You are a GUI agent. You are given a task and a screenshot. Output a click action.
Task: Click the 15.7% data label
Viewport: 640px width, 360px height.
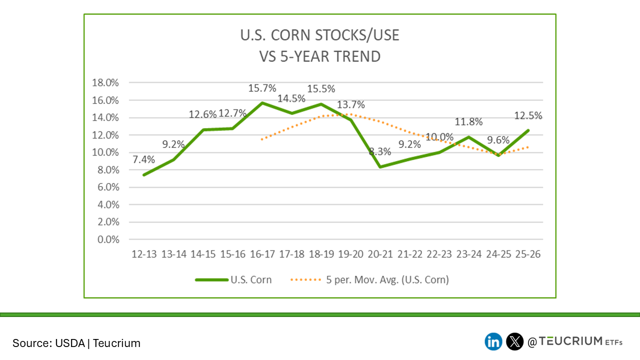(x=262, y=88)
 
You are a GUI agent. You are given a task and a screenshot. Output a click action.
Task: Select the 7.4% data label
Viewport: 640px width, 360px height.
(x=144, y=160)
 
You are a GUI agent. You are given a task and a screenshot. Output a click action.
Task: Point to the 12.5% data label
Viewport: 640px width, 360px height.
(x=528, y=116)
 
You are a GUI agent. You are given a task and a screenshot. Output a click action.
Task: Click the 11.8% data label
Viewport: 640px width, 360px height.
(x=469, y=122)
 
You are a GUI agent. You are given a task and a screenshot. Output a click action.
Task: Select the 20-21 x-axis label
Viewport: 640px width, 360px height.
(x=380, y=254)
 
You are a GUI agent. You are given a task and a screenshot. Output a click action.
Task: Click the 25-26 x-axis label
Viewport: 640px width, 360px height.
(x=528, y=254)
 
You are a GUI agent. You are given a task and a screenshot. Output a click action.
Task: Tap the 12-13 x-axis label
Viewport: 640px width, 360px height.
(x=144, y=254)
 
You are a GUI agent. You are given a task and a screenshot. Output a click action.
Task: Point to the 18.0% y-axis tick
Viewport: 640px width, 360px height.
(x=105, y=83)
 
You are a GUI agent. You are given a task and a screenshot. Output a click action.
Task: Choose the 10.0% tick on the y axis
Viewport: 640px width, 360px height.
(x=105, y=152)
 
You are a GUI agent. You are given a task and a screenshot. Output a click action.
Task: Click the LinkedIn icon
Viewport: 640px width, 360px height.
(x=493, y=341)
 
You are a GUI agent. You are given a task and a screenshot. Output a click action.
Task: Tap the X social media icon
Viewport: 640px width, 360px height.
(x=514, y=341)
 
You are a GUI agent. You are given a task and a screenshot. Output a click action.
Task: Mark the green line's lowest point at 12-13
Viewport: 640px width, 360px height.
(x=144, y=175)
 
